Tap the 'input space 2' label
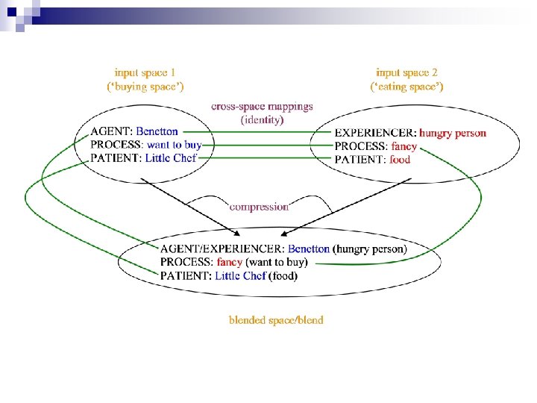[x=407, y=72]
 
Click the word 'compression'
[x=259, y=206]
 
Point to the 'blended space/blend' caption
[x=276, y=320]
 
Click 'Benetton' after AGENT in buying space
[x=157, y=132]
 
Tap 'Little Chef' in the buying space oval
[x=171, y=157]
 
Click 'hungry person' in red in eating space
[x=453, y=133]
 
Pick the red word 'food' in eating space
[x=400, y=159]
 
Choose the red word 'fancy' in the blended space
[x=229, y=262]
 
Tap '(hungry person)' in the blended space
[x=370, y=249]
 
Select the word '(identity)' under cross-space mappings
[x=262, y=119]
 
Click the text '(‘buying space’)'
[x=145, y=87]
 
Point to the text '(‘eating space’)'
[x=407, y=87]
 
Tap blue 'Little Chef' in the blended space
[x=240, y=275]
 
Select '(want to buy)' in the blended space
[x=277, y=262]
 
